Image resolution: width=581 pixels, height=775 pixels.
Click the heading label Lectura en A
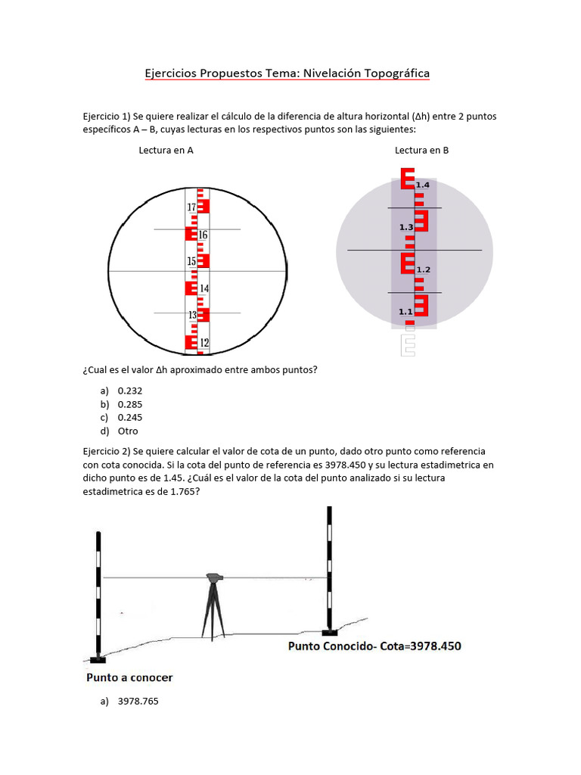tap(166, 151)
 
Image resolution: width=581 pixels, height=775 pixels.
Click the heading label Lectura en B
tap(421, 151)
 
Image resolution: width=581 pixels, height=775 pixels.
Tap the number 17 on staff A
tap(191, 207)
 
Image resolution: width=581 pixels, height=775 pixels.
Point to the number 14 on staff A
tap(204, 288)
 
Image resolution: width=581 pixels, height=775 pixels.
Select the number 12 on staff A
tap(204, 343)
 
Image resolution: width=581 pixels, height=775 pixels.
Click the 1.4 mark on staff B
tap(423, 185)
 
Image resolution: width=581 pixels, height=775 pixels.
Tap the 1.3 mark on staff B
tap(406, 227)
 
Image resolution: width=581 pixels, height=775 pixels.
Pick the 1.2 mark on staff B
tap(423, 269)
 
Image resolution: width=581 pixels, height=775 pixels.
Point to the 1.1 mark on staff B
tap(405, 311)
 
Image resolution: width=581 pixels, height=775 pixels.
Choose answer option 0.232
tap(130, 391)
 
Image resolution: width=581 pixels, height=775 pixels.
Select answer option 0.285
tap(130, 404)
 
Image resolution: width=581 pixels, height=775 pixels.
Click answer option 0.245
tap(130, 418)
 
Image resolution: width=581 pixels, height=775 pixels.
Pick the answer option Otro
tap(128, 431)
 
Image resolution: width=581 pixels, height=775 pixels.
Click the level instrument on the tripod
tap(215, 578)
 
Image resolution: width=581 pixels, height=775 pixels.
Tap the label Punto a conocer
tap(129, 677)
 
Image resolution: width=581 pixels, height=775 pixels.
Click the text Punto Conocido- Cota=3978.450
tap(374, 646)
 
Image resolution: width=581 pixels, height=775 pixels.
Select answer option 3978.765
tap(138, 702)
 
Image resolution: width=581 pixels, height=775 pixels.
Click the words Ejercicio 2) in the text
tap(106, 451)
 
